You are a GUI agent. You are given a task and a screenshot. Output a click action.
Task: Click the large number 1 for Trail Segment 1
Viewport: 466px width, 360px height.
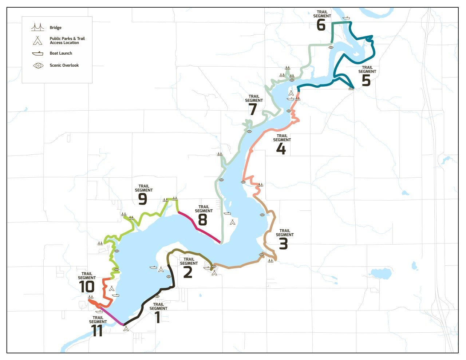(158, 317)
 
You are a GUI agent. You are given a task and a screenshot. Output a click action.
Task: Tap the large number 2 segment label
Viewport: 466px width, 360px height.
(187, 272)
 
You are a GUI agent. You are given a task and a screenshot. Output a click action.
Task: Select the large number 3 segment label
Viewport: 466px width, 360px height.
(283, 244)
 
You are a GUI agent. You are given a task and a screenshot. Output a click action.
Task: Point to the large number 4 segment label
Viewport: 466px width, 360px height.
(281, 149)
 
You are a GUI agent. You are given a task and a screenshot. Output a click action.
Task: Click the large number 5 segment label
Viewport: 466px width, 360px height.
(366, 80)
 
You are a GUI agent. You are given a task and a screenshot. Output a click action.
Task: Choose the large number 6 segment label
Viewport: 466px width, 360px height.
(321, 25)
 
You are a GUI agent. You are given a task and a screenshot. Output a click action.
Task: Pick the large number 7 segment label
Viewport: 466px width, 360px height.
(253, 109)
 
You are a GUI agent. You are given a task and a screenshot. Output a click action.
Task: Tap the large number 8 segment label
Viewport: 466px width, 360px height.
(202, 219)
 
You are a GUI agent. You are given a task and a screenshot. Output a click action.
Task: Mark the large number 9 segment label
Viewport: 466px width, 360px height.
(142, 199)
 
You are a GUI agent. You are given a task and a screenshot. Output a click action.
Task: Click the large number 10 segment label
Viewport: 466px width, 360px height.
(87, 287)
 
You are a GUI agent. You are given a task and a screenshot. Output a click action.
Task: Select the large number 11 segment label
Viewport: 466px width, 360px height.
(97, 331)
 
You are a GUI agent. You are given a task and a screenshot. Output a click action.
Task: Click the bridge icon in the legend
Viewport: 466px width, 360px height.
(37, 27)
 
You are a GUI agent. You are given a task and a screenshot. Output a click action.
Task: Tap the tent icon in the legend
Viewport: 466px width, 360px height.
(37, 40)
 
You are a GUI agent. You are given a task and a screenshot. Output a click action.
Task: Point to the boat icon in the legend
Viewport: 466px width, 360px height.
(37, 54)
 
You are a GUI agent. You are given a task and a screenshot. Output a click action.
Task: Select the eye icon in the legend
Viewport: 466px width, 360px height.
(38, 66)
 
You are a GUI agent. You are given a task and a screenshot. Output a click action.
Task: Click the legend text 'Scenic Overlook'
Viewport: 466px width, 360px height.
(64, 66)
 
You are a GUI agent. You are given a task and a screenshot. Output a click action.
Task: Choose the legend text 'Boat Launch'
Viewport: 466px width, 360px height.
(61, 54)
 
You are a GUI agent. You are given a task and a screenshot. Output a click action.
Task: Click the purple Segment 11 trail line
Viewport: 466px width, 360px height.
(112, 316)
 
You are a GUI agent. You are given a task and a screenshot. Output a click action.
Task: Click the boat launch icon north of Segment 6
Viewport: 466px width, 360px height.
(346, 17)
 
